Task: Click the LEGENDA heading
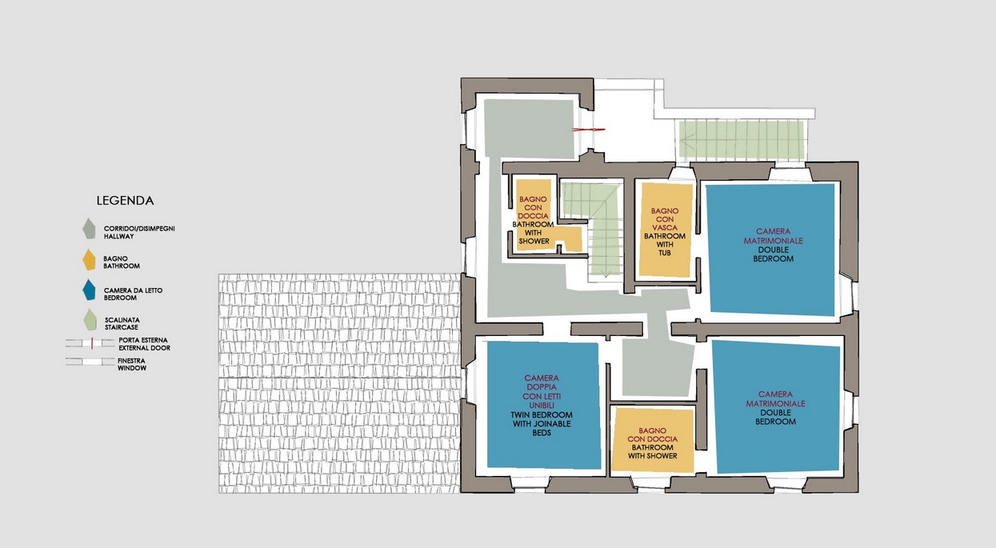pos(125,201)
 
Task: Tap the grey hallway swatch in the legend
pos(89,228)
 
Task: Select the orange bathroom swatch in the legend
pos(89,260)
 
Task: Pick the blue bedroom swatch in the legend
pos(89,290)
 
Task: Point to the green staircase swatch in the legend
pos(90,320)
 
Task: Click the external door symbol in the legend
pos(90,343)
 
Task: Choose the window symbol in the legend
pos(90,362)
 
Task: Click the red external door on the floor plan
pos(588,130)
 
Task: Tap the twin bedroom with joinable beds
pos(543,406)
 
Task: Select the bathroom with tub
pos(665,230)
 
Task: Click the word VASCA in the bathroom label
pos(665,227)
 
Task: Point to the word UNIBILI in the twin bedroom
pos(542,406)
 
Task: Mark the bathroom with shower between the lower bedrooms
pos(652,440)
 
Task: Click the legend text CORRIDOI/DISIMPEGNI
pos(139,229)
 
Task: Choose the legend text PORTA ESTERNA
pos(143,340)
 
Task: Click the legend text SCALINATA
pos(122,320)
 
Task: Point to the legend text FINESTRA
pos(132,361)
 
